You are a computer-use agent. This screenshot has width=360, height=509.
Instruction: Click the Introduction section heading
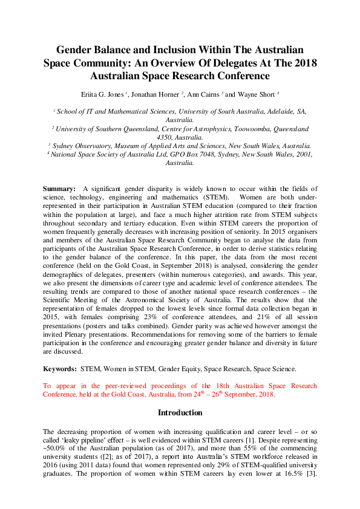180,412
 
